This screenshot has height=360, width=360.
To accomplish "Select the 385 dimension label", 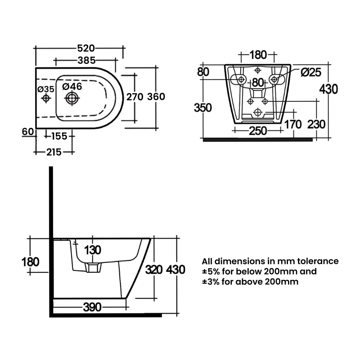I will (86, 60).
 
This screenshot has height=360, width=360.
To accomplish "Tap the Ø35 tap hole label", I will (46, 89).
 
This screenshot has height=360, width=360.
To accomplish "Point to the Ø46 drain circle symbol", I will (72, 98).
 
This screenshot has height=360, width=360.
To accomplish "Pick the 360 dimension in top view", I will (156, 97).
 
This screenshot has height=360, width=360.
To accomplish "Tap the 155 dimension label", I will (59, 135).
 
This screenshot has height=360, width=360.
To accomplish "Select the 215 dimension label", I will (54, 152).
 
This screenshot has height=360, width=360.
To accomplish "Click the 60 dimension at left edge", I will (28, 131).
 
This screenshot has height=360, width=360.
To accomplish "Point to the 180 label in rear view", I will (257, 55).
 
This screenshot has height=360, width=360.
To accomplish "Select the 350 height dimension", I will (203, 108).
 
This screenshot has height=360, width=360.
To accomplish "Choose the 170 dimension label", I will (293, 124).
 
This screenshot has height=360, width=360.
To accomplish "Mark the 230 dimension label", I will (317, 124).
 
